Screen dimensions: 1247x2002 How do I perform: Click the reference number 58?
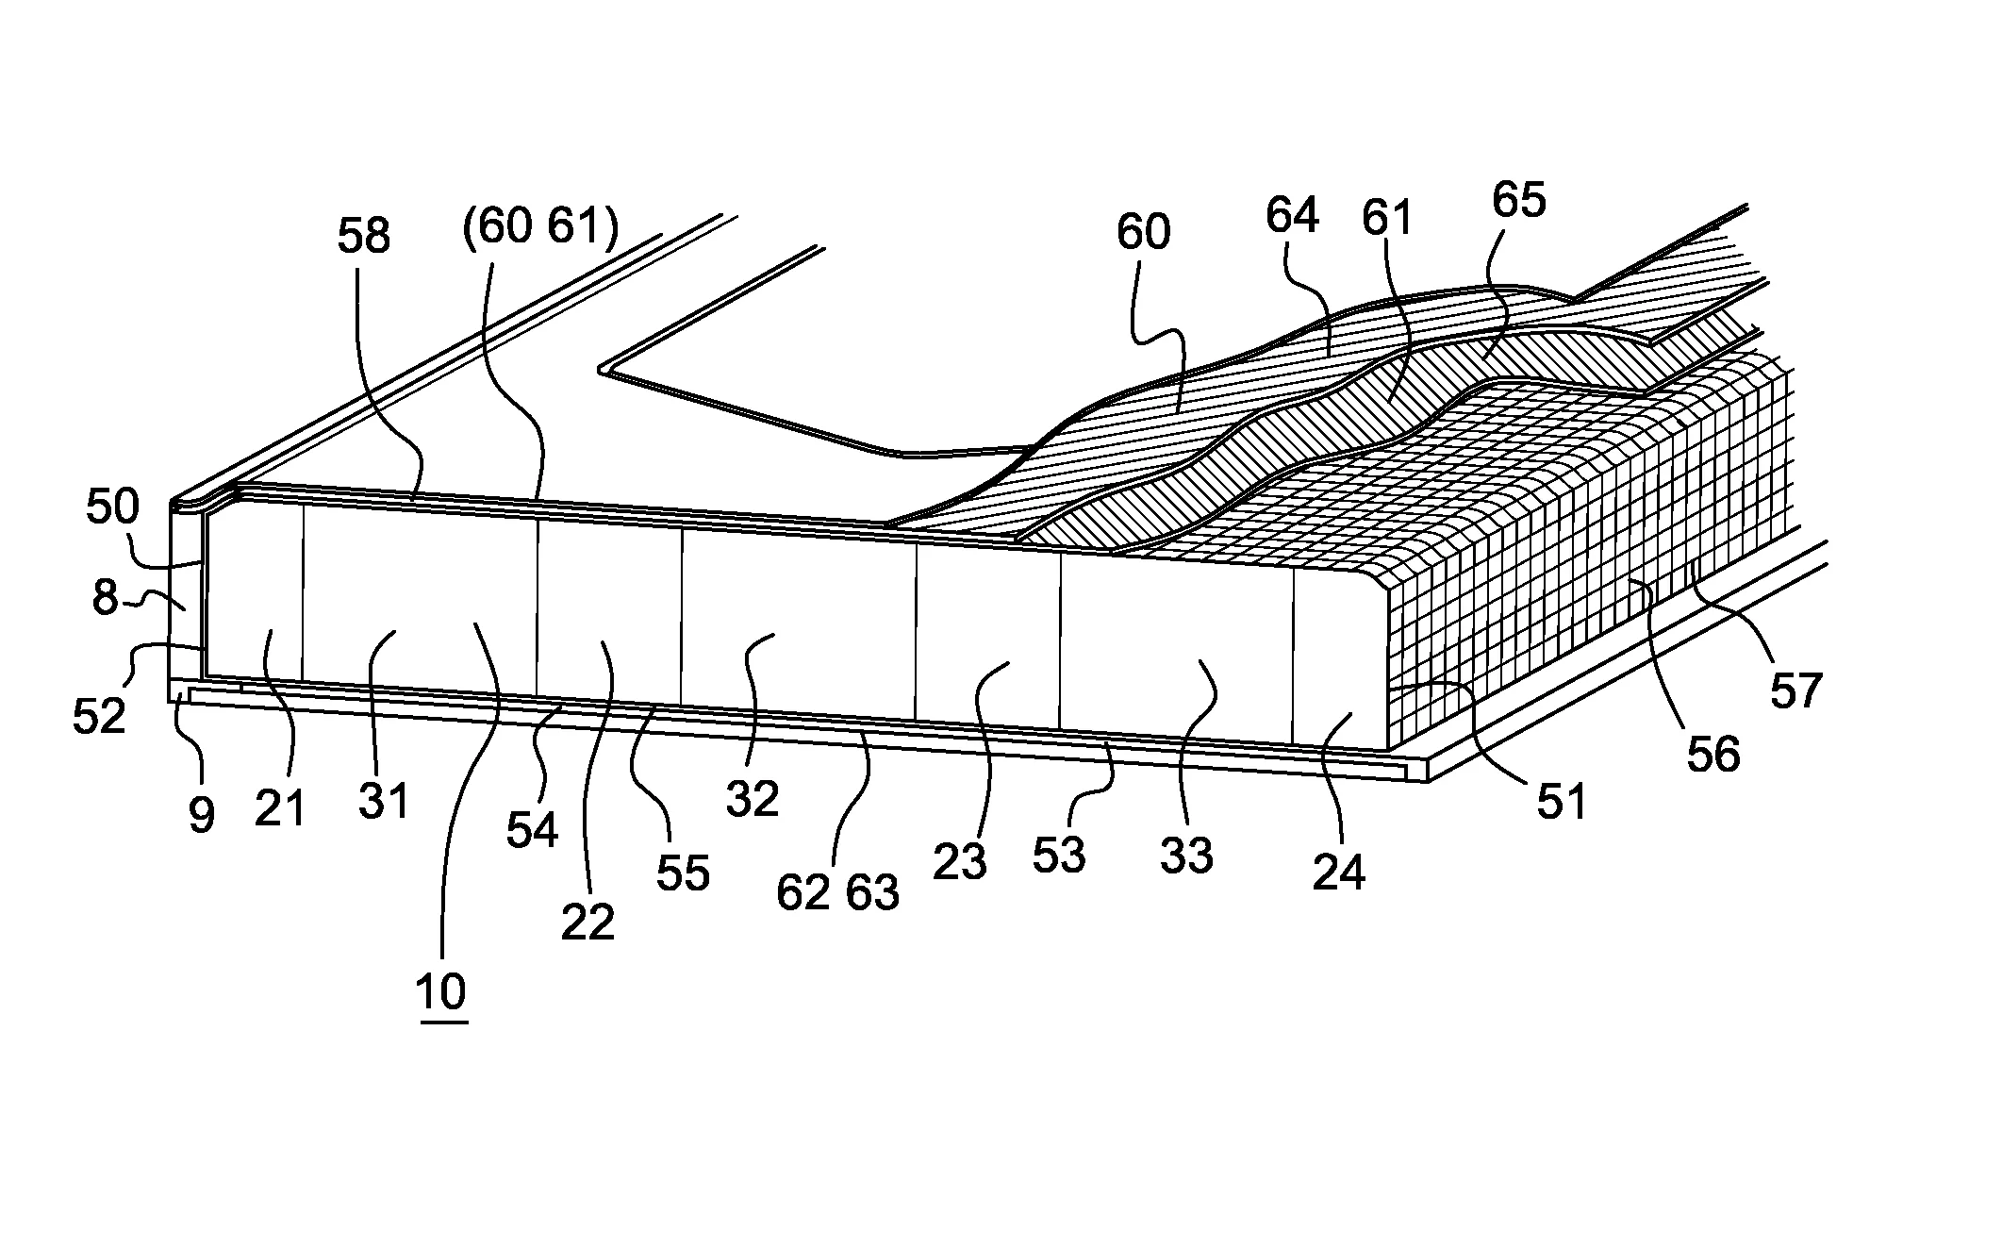363,237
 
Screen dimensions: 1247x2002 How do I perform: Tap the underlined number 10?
440,992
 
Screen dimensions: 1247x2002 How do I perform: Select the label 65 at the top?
1518,200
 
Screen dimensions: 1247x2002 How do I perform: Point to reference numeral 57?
1795,691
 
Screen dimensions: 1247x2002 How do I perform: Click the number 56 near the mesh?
1712,755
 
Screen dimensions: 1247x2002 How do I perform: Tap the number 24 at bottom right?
1338,873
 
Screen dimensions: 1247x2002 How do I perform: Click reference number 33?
1186,856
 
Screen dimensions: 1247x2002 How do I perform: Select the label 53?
1059,856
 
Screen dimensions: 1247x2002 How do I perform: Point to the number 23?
960,862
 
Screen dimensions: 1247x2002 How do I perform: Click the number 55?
682,873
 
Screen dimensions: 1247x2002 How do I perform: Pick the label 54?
532,831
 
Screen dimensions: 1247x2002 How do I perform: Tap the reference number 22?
587,923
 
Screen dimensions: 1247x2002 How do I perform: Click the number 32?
752,800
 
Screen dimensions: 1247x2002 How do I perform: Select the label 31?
384,802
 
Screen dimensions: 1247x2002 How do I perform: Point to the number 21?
280,809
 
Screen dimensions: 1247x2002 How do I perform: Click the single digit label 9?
201,816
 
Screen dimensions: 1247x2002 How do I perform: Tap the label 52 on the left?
99,717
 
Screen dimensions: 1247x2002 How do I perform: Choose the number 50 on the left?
112,507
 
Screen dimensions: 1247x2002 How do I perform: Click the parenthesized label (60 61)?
539,229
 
